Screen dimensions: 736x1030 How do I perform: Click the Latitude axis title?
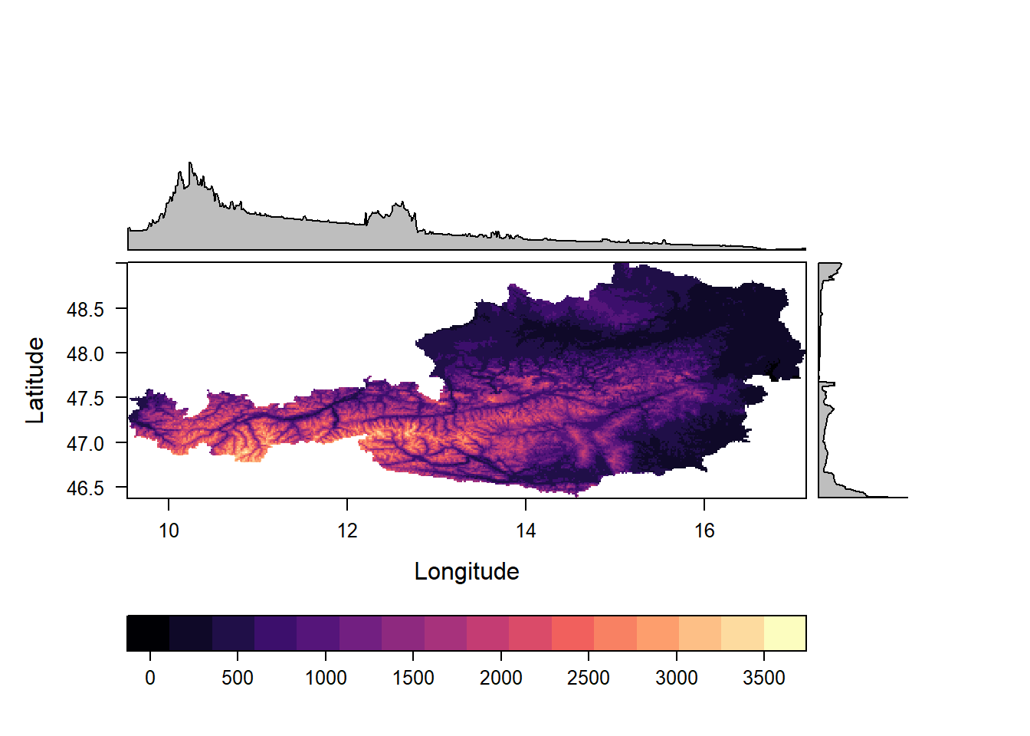(35, 380)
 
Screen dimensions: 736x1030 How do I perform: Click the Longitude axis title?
(467, 572)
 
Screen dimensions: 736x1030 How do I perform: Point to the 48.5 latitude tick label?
(86, 310)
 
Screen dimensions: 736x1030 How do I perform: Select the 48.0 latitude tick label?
(86, 354)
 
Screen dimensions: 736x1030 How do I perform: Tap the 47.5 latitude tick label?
(86, 399)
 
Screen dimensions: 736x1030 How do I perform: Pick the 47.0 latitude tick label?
(86, 443)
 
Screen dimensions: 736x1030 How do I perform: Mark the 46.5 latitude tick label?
(86, 488)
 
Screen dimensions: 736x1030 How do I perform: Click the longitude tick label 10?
(169, 531)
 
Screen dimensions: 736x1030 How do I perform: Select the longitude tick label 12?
(347, 531)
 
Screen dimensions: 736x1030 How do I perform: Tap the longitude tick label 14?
(526, 531)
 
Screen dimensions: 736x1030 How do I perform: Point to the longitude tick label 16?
(704, 531)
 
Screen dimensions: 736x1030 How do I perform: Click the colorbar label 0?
(150, 678)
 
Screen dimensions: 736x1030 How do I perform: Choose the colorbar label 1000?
(326, 678)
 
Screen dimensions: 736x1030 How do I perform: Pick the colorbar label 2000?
(501, 678)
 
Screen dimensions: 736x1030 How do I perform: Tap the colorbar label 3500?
(764, 678)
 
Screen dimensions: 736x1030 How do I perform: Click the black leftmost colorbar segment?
(148, 633)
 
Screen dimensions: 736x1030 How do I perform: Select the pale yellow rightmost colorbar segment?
(785, 633)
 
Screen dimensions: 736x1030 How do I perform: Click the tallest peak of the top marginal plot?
(190, 164)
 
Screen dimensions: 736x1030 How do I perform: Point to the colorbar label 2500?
(589, 678)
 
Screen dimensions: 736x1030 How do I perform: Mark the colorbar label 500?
(238, 678)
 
